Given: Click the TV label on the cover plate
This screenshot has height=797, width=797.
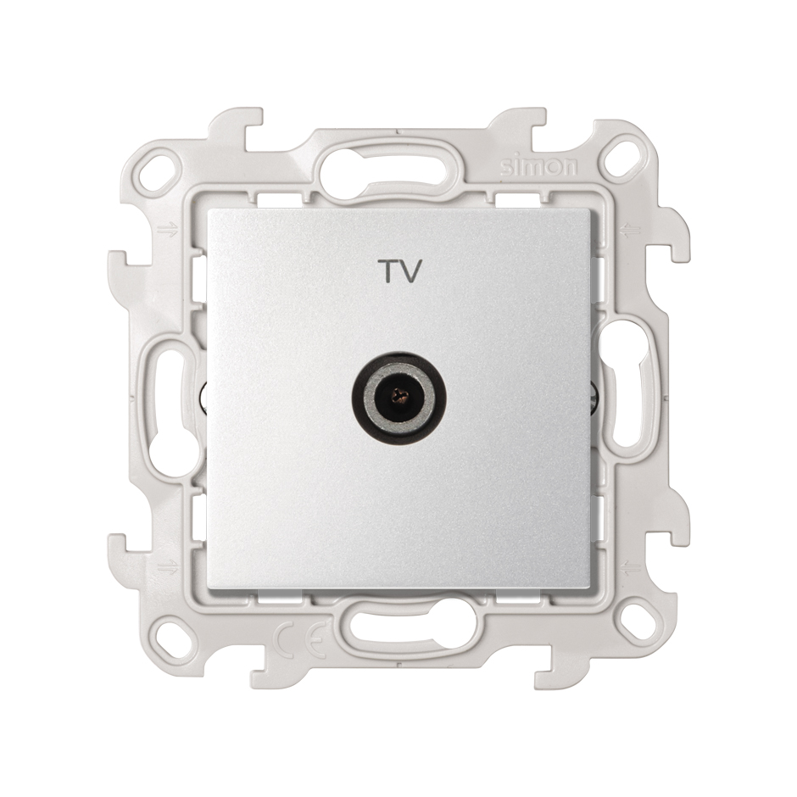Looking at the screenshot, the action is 399,271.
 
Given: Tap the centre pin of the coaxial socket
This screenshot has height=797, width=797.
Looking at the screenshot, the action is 399,393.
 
